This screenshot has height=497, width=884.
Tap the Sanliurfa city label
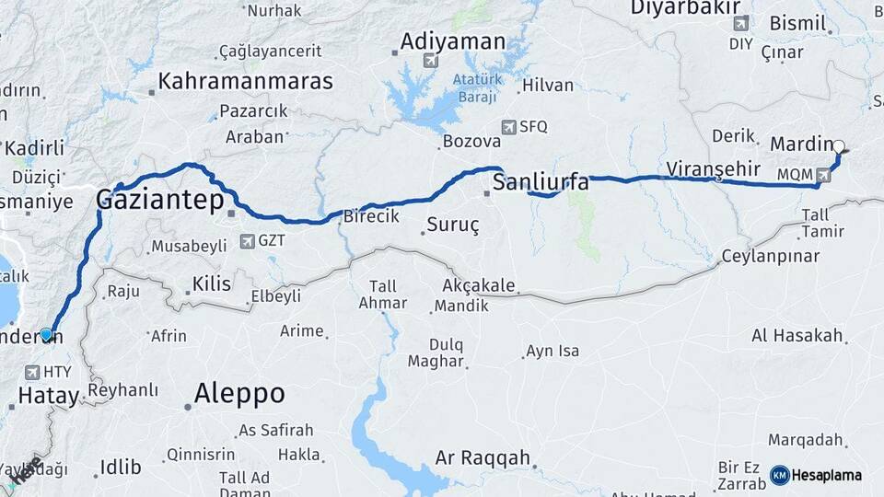541,182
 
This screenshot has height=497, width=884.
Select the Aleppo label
239,394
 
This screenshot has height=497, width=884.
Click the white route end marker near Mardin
839,145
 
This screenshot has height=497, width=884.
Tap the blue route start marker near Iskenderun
46,334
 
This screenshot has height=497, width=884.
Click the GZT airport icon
246,241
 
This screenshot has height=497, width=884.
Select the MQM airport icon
822,174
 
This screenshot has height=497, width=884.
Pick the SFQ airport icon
508,127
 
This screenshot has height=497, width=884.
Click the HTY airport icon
33,372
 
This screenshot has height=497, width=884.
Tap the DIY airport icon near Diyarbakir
740,23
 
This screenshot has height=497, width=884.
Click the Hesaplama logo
816,475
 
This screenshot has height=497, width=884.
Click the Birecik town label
370,216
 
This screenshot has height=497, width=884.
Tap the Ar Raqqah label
483,457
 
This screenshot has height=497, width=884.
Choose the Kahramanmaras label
245,81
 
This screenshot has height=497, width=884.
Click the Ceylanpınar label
770,256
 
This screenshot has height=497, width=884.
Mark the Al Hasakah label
797,335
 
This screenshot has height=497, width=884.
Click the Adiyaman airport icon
428,61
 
